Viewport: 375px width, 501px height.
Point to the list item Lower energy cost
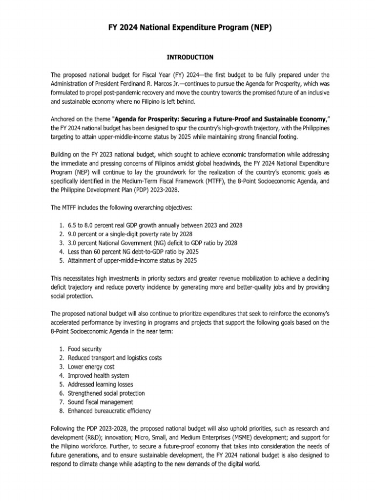pos(89,366)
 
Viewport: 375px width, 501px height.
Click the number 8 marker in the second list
pos(61,411)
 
